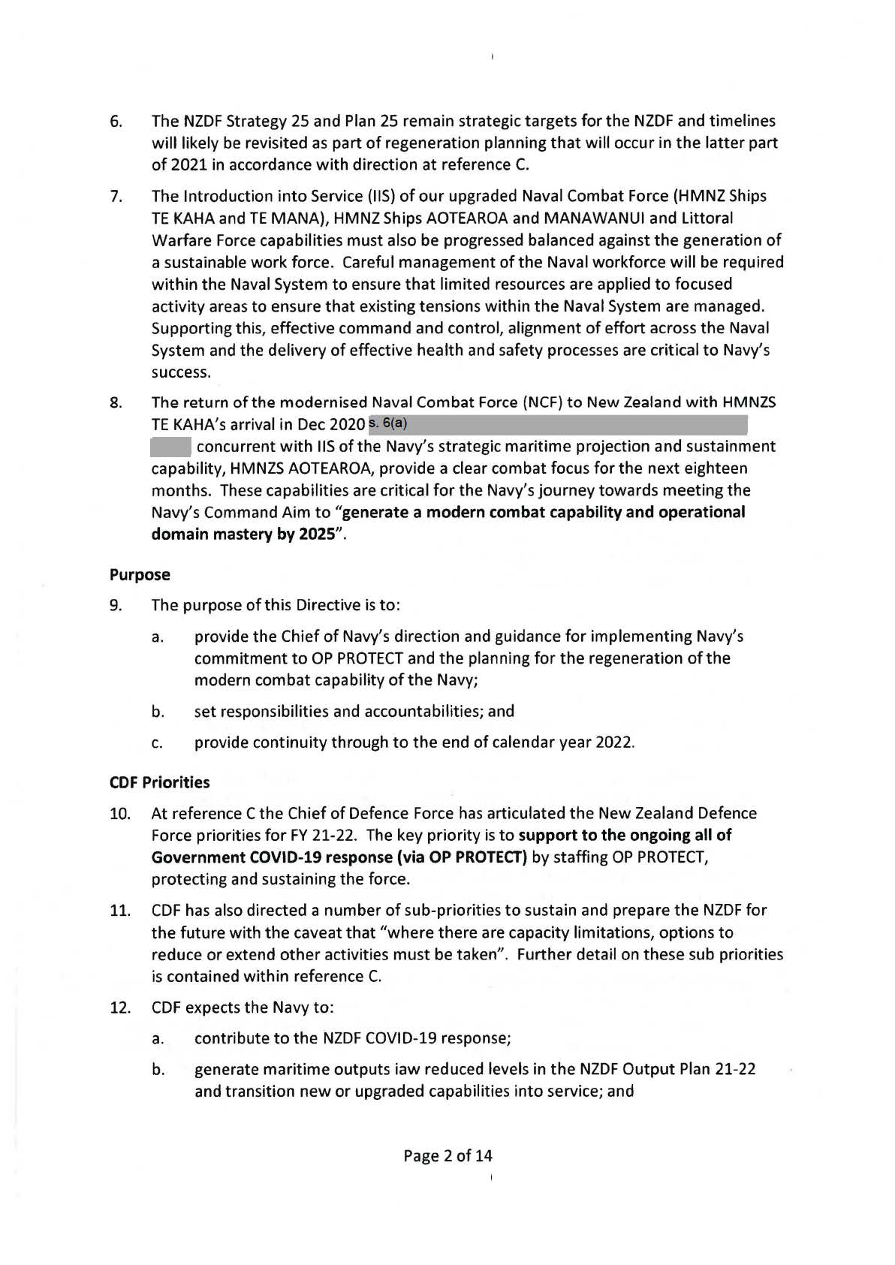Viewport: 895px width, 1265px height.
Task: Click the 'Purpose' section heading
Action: pos(140,575)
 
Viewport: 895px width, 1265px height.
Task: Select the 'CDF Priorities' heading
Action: pos(159,782)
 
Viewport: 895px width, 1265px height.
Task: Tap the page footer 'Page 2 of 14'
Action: pos(447,1155)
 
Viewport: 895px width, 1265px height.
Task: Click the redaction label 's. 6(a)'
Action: pos(388,423)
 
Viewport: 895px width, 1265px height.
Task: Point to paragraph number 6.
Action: pos(116,122)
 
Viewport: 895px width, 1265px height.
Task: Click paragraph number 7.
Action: pos(116,197)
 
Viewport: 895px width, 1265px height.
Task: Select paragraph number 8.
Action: pos(116,402)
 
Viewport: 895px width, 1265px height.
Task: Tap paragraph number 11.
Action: pos(120,911)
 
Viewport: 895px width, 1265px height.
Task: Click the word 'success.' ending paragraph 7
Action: pos(181,372)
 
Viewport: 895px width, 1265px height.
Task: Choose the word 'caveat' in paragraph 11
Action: pos(353,933)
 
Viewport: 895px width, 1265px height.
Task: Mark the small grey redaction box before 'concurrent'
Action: pos(170,447)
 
